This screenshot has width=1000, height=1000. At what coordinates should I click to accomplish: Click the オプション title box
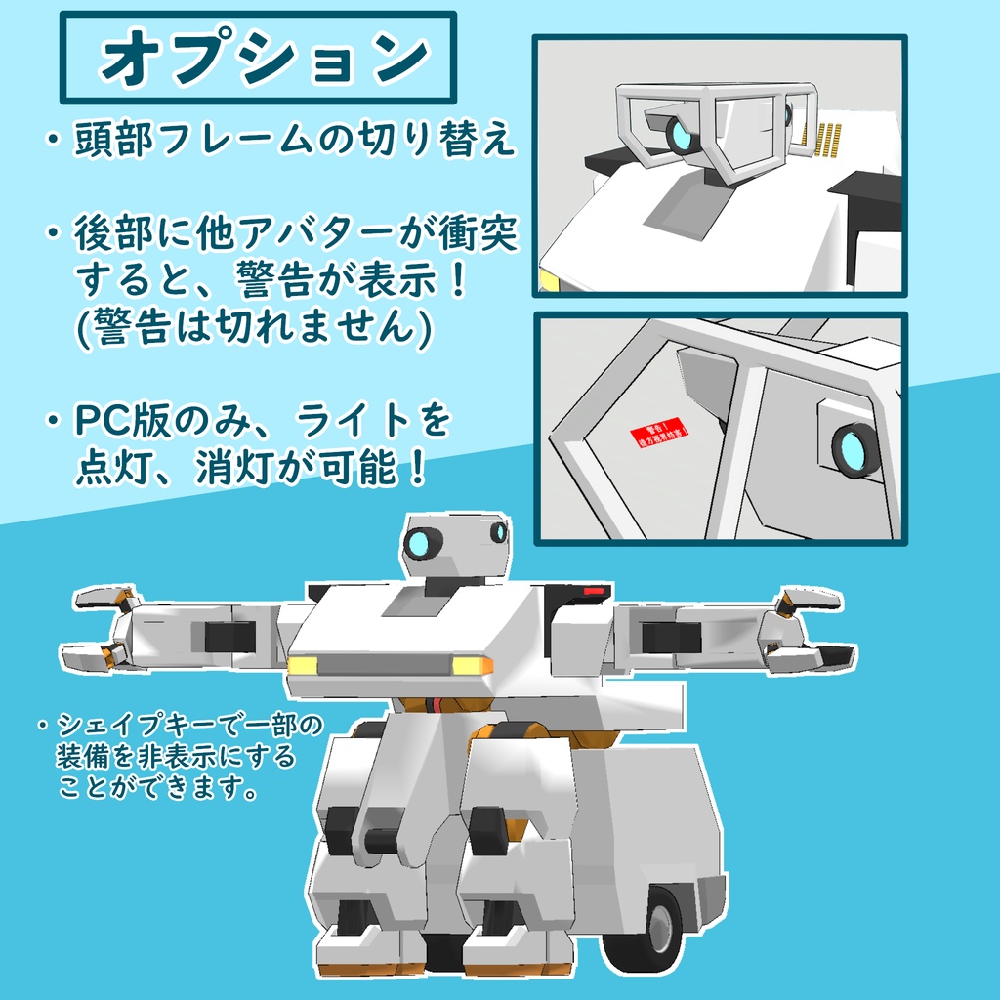258,58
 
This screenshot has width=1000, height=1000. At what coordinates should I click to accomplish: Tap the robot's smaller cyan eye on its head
498,533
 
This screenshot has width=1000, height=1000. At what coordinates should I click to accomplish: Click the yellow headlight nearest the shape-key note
302,665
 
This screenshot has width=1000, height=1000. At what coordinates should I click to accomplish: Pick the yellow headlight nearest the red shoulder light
473,665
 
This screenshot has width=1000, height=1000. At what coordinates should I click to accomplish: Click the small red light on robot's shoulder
592,590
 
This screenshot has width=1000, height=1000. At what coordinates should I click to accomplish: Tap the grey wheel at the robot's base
661,922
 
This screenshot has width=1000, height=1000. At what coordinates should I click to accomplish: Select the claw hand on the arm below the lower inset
810,631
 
